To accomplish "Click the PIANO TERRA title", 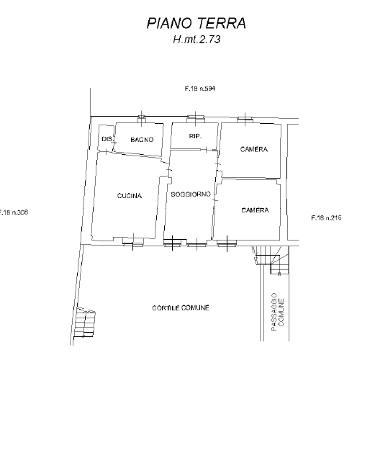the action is [196, 23].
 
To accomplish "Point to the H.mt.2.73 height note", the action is [196, 40].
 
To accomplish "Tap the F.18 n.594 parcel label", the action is [200, 89].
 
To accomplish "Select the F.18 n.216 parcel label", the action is [326, 217].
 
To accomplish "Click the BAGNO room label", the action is [142, 140].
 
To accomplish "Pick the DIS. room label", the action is [107, 139].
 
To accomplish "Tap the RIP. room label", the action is [195, 136].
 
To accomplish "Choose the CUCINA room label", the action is [130, 196].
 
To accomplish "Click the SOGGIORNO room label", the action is [191, 194].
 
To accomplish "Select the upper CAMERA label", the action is [254, 149].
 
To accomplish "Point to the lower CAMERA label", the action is [255, 210].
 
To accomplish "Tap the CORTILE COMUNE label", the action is [181, 308].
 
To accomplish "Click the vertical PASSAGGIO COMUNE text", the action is [277, 312].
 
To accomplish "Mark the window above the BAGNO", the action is [142, 119].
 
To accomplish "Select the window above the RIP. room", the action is [196, 118].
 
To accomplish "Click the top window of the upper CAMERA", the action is [245, 119].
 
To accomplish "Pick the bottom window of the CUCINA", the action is [133, 241].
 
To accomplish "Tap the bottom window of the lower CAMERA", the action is [227, 243].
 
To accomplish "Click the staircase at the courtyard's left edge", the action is [84, 323].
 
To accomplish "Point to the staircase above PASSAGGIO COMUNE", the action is [271, 260].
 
